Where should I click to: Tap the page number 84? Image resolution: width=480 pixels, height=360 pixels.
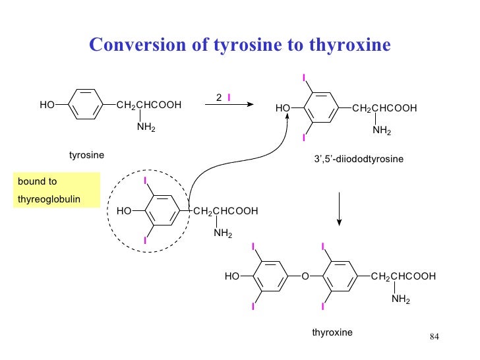pyautogui.click(x=434, y=338)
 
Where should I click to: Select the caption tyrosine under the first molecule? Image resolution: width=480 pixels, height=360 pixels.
pyautogui.click(x=87, y=155)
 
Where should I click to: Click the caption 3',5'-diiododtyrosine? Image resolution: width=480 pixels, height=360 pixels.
pyautogui.click(x=359, y=160)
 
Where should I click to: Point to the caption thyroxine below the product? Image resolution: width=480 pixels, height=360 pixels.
pyautogui.click(x=332, y=332)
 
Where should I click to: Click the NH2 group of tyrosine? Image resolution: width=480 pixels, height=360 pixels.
pyautogui.click(x=146, y=127)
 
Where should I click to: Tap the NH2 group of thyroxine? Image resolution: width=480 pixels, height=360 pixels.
pyautogui.click(x=400, y=299)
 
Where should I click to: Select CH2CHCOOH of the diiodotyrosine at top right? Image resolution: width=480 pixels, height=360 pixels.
pyautogui.click(x=384, y=107)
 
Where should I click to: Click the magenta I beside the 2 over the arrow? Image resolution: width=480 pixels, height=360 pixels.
pyautogui.click(x=228, y=98)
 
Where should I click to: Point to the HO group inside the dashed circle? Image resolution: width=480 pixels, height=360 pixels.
pyautogui.click(x=123, y=211)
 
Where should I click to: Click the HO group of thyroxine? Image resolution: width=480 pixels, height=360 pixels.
pyautogui.click(x=231, y=277)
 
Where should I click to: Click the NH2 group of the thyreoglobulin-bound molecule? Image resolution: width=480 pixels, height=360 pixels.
pyautogui.click(x=222, y=233)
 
